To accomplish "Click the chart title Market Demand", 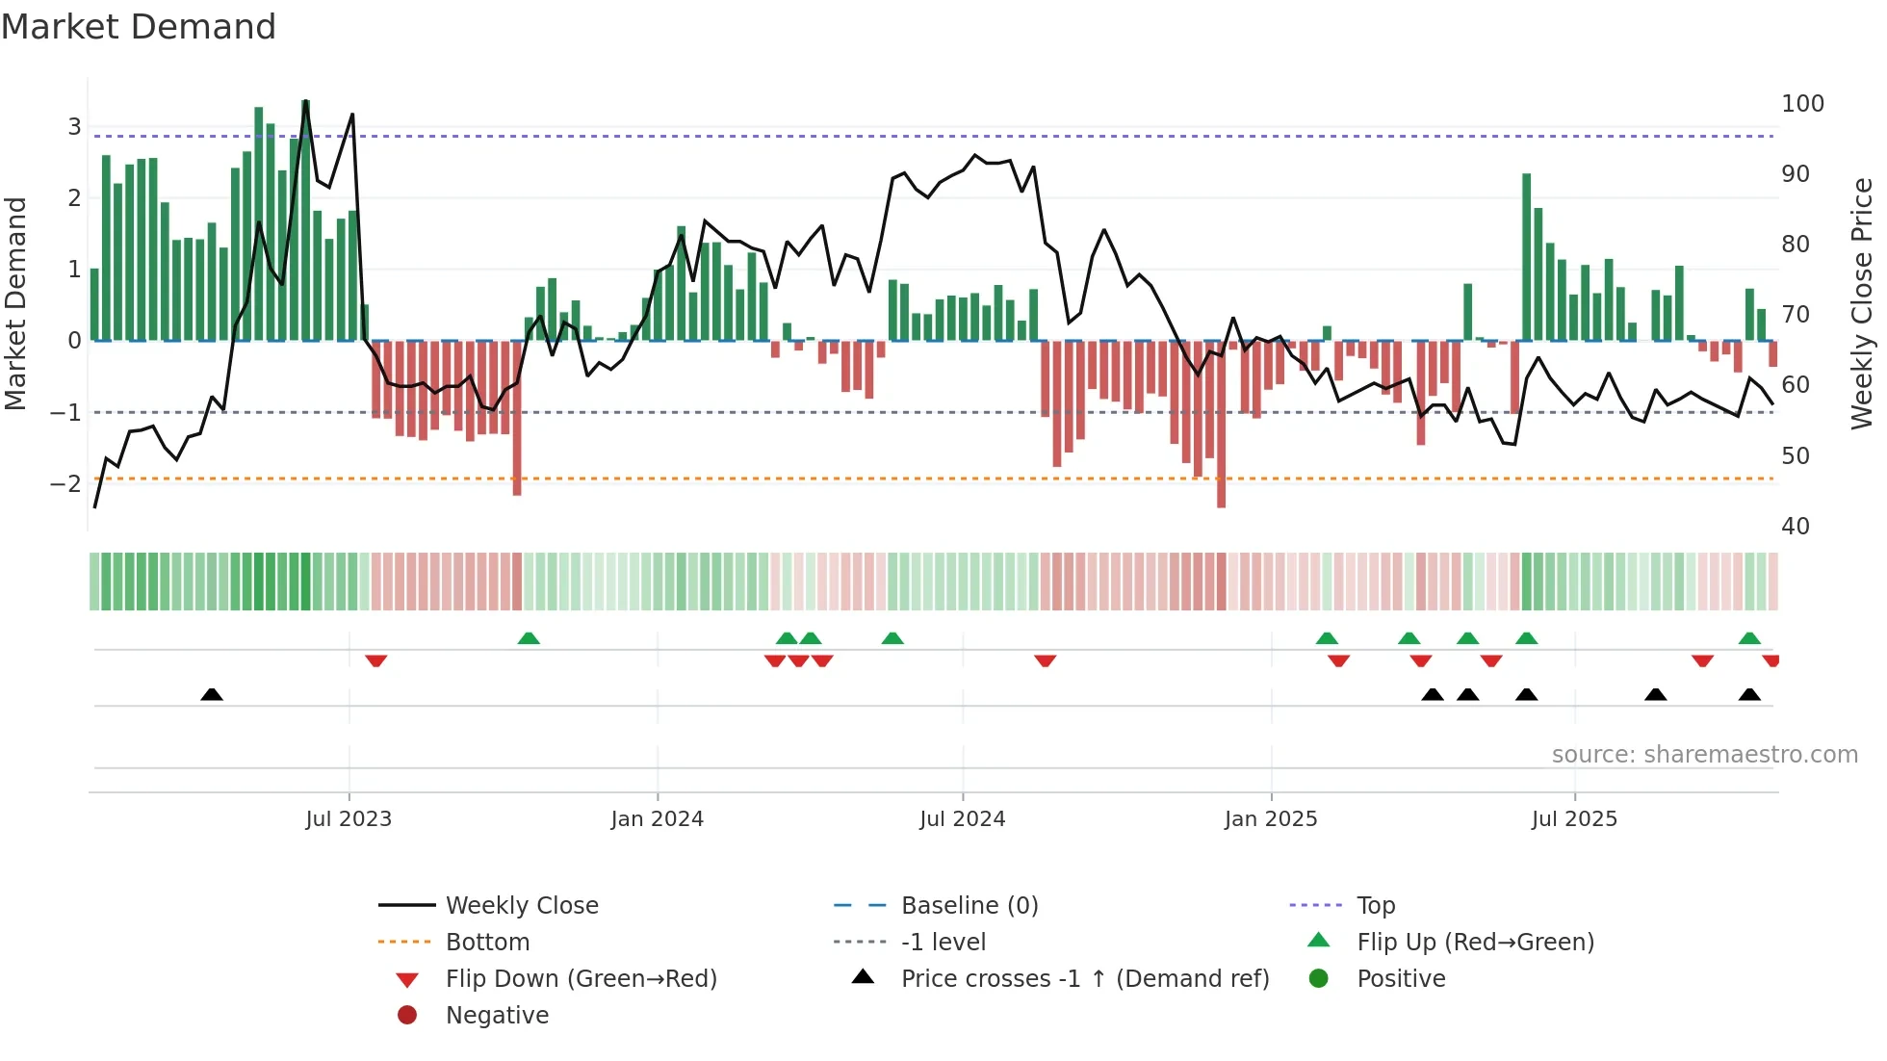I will (x=139, y=27).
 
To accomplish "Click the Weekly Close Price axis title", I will (x=1862, y=303).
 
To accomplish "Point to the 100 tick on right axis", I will (x=1802, y=104).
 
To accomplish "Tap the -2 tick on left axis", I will (x=66, y=483).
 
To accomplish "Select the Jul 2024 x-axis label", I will (x=962, y=819).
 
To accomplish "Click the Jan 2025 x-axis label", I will (x=1270, y=819).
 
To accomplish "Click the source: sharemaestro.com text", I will (x=1704, y=755).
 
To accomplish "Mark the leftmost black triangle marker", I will (x=212, y=694).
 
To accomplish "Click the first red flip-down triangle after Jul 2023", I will (x=376, y=660).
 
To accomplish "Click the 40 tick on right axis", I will (x=1795, y=527).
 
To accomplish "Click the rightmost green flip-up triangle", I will (x=1749, y=638).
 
